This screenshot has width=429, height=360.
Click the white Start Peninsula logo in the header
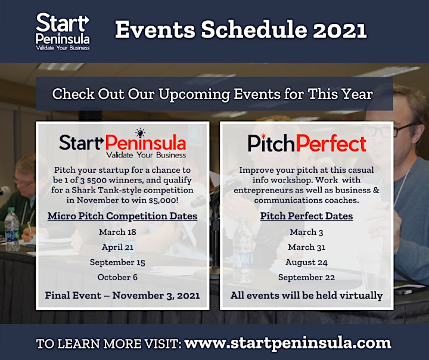(x=63, y=32)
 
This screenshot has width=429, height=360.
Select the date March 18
(x=117, y=232)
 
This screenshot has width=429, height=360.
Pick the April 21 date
(x=117, y=247)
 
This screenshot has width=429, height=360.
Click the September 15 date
(x=117, y=262)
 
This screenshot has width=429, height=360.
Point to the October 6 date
(x=117, y=277)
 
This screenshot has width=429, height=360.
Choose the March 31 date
(x=306, y=247)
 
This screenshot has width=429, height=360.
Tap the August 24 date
(x=306, y=262)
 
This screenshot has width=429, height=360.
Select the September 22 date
(x=306, y=277)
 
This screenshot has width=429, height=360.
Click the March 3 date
(x=306, y=232)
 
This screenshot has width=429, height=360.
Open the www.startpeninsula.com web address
(x=288, y=343)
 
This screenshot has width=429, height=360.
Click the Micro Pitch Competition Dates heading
(x=122, y=216)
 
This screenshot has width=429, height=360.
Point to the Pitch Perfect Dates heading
(x=306, y=216)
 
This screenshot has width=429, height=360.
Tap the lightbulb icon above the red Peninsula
(x=141, y=133)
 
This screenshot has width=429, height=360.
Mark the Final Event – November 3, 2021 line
(x=122, y=296)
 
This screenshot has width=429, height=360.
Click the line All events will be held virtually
(x=306, y=296)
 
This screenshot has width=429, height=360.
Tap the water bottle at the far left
(x=12, y=229)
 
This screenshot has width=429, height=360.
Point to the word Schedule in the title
(x=254, y=30)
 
